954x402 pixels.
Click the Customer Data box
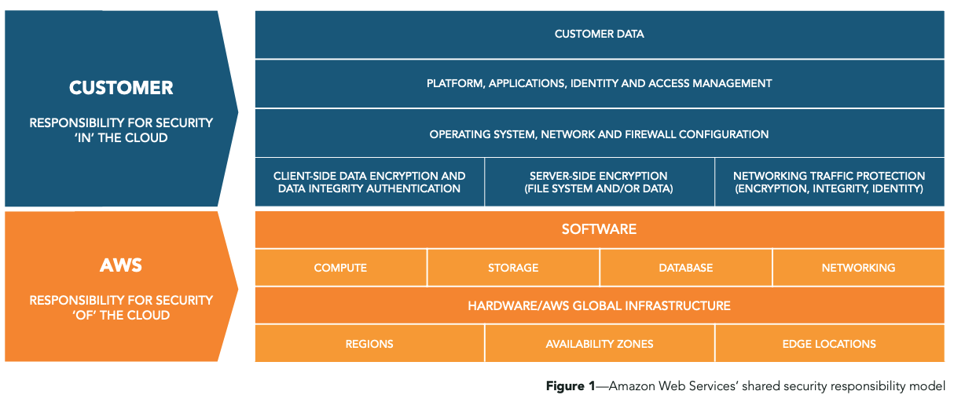pyautogui.click(x=599, y=35)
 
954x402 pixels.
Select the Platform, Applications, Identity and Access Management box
pyautogui.click(x=599, y=83)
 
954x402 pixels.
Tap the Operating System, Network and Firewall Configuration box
pyautogui.click(x=599, y=134)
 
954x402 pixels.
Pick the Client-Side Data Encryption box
pyautogui.click(x=369, y=182)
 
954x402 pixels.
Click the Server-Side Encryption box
pyautogui.click(x=599, y=182)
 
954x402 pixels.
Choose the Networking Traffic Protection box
pyautogui.click(x=829, y=182)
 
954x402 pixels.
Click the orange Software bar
pyautogui.click(x=599, y=229)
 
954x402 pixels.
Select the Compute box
pyautogui.click(x=340, y=268)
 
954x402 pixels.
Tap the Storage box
pyautogui.click(x=513, y=268)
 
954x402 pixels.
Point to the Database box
pyautogui.click(x=685, y=268)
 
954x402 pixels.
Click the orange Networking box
pyautogui.click(x=858, y=268)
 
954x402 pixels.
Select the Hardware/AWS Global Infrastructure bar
pyautogui.click(x=599, y=305)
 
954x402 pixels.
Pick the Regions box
pyautogui.click(x=369, y=344)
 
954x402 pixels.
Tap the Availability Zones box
pyautogui.click(x=599, y=344)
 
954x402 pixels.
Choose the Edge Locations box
pyautogui.click(x=829, y=344)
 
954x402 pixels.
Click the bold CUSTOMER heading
pyautogui.click(x=121, y=88)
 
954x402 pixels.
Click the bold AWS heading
pyautogui.click(x=121, y=265)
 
